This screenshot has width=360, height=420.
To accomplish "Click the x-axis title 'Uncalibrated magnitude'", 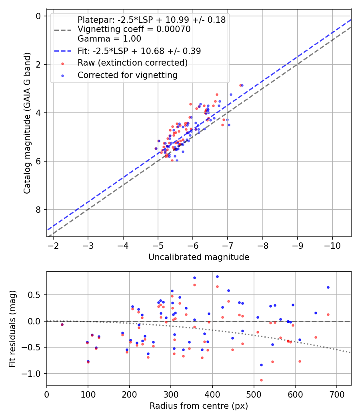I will click(x=199, y=257).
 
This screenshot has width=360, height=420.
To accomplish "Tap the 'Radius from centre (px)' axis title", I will click(x=199, y=406).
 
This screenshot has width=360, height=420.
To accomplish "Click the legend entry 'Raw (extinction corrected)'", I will click(x=132, y=63).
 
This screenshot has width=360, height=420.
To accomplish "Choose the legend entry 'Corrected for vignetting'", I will click(x=127, y=75).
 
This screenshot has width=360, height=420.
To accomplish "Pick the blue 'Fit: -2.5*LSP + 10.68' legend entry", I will click(x=139, y=51).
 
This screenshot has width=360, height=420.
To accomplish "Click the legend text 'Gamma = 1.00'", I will click(x=109, y=39).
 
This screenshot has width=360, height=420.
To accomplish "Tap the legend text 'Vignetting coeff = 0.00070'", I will click(x=134, y=29).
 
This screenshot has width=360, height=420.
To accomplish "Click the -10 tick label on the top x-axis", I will click(x=332, y=245).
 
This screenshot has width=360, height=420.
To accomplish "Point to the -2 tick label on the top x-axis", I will click(x=53, y=245).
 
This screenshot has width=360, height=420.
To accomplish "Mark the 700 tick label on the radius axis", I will click(x=336, y=394).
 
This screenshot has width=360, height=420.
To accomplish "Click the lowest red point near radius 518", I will click(x=261, y=380).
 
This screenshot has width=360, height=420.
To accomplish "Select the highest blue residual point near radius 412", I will click(x=217, y=276).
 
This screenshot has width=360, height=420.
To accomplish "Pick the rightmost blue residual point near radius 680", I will click(x=328, y=287).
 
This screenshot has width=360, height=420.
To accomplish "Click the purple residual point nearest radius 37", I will click(x=62, y=324).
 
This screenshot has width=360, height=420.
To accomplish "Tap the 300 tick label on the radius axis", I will click(x=171, y=394).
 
